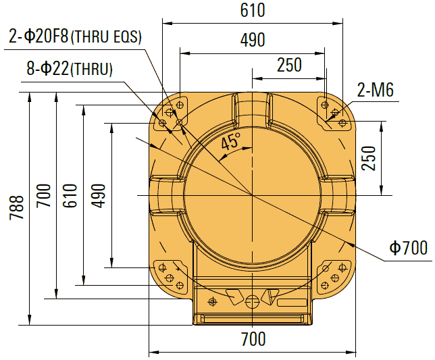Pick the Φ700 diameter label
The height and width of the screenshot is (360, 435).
pos(409,248)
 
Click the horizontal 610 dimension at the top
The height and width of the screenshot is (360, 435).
pos(252,11)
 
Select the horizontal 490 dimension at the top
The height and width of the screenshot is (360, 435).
pos(252,40)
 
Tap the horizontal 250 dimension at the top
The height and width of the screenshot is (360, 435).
pos(288,65)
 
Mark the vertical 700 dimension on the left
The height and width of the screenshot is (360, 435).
pos(45,195)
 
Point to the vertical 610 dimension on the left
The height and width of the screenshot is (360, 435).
pos(70,195)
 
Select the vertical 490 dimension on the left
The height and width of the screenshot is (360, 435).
pos(97,195)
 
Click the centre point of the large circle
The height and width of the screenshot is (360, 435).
pos(252,195)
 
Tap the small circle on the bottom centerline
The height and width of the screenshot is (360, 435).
pos(252,301)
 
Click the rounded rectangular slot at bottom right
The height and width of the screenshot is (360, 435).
pos(292,302)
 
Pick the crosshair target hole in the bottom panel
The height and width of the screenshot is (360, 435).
pos(213,301)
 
